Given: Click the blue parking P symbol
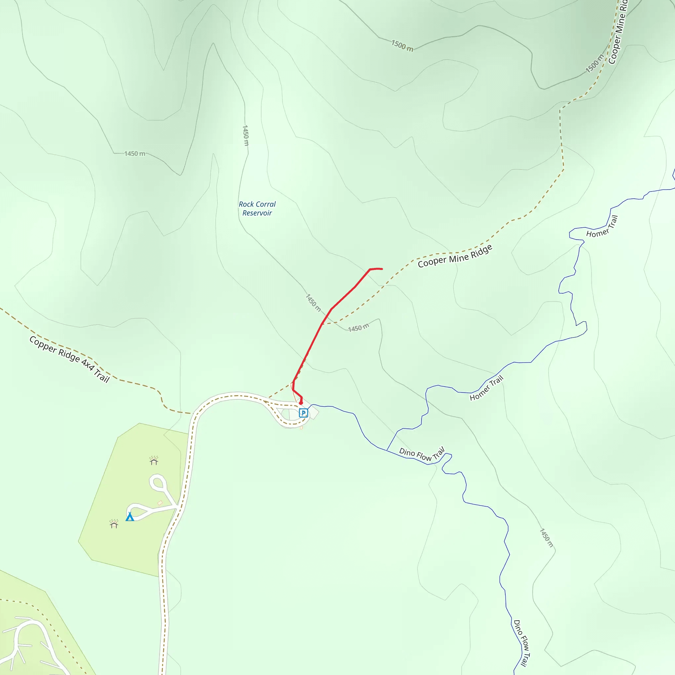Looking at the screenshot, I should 303,413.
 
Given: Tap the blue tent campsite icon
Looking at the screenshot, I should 130,516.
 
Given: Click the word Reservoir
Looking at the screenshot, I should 257,213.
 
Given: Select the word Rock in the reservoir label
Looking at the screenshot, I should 246,204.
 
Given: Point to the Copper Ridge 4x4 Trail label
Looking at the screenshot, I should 70,359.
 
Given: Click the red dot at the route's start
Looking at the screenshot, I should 301,403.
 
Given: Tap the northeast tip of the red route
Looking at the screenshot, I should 382,269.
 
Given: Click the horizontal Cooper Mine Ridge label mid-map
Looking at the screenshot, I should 455,256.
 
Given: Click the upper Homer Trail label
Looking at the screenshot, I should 602,226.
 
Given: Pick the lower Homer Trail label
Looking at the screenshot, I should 486,388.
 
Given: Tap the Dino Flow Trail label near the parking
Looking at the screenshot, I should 422,454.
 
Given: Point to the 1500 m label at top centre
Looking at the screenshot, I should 402,45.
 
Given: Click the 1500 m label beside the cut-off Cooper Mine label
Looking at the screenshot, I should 594,64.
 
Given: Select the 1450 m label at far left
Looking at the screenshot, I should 134,154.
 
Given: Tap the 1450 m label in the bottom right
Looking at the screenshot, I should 546,538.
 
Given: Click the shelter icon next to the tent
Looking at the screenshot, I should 114,524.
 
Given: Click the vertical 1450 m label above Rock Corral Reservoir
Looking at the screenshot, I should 245,135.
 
